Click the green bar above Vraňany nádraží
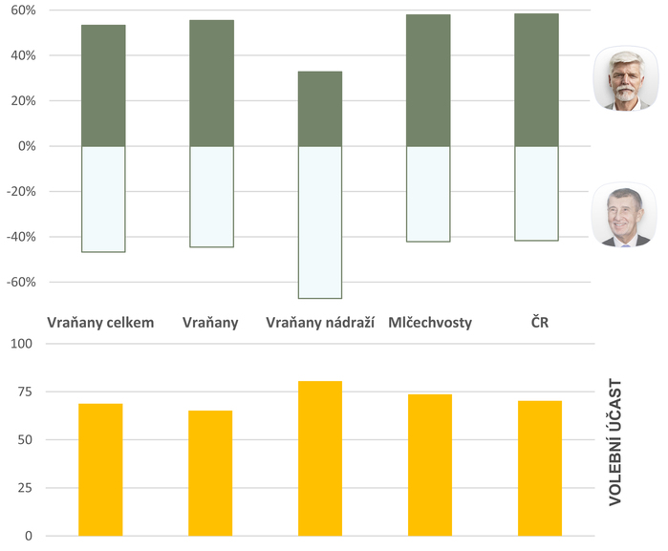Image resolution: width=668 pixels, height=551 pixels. click(320, 109)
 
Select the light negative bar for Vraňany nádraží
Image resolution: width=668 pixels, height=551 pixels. click(320, 222)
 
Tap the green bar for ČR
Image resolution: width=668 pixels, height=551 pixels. click(536, 80)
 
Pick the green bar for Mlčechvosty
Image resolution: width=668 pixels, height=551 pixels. click(428, 80)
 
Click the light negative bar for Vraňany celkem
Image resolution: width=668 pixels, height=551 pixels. click(103, 199)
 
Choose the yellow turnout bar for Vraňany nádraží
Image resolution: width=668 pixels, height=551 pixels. click(320, 458)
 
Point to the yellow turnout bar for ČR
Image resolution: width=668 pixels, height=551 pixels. click(540, 468)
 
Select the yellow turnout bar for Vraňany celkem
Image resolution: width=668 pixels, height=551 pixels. click(100, 470)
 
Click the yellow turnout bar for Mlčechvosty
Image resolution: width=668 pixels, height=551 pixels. click(430, 465)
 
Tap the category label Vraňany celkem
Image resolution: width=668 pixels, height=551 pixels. click(100, 323)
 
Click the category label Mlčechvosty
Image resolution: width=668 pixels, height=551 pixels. click(430, 323)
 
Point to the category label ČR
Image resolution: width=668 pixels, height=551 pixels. click(540, 323)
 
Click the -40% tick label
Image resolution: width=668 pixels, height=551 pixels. click(21, 237)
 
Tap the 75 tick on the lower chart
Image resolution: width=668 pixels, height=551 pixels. click(25, 392)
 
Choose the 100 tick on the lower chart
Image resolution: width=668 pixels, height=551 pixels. click(21, 344)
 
